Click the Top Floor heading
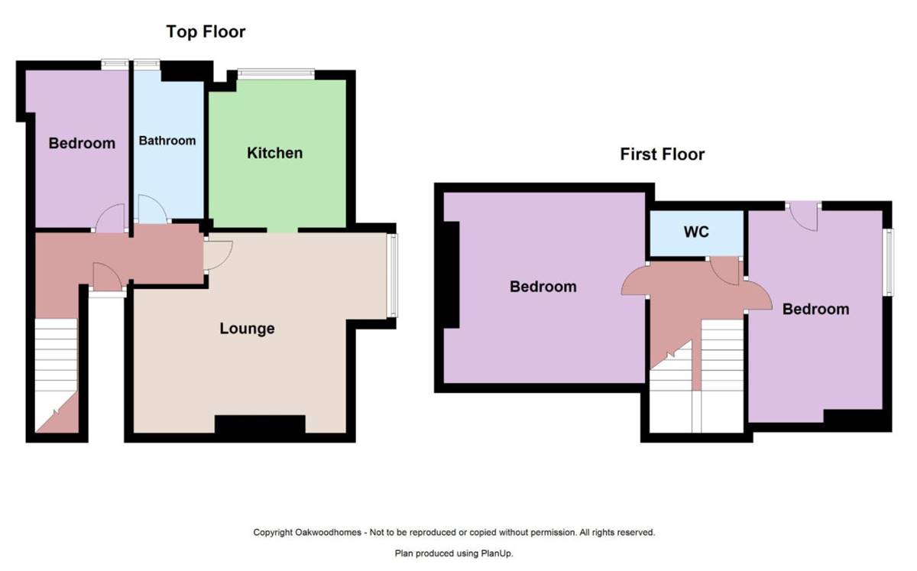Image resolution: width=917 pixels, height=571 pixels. pos(206,32)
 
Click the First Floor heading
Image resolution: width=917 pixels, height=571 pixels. pos(662,154)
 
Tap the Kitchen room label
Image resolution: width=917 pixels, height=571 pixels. pos(274,153)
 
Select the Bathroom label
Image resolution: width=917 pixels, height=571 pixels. pos(167,141)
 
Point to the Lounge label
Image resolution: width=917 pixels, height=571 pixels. pos(247,329)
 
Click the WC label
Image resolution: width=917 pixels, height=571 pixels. pos(696,232)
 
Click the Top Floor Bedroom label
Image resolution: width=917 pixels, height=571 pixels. pos(82,143)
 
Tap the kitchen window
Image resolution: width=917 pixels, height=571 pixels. pos(277,74)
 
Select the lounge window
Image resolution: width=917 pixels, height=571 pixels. pos(392,275)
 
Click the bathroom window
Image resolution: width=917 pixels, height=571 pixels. pos(147,65)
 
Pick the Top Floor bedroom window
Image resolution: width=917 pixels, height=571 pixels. pos(115,65)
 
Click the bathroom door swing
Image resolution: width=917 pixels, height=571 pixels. pos(152,209)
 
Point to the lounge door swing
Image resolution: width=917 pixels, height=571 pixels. pos(219,255)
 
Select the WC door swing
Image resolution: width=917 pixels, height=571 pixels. pos(724,271)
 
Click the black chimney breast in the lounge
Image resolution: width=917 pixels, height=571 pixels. pos(260,424)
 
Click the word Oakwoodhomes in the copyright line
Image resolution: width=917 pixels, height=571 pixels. pos(329,533)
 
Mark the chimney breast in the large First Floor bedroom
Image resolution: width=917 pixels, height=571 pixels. pos(451,275)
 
